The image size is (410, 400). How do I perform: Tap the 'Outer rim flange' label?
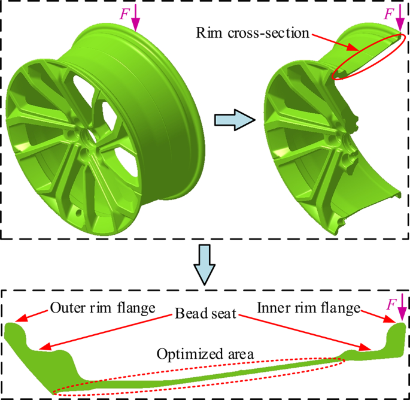point(103,308)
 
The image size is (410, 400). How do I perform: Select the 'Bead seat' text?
point(205,314)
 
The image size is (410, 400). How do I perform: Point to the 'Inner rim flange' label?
point(309,308)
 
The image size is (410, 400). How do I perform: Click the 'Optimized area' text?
point(205,354)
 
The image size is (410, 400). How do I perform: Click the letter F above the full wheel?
point(124,14)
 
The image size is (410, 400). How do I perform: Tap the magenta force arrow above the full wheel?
point(136,19)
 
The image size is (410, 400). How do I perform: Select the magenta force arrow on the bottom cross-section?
point(401,311)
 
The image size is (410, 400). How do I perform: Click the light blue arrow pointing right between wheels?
point(233,120)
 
